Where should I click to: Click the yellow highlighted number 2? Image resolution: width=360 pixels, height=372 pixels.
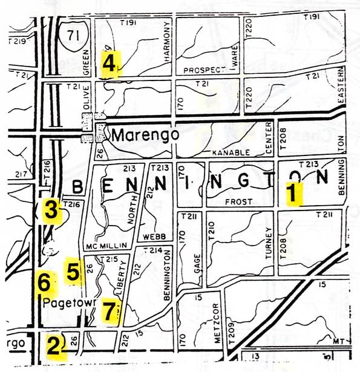coord(55,346)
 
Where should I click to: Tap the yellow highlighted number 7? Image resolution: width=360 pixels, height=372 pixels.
coord(109,310)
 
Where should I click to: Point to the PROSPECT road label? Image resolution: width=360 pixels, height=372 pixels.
coord(208,70)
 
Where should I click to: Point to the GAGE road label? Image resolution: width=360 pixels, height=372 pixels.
coord(197,263)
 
